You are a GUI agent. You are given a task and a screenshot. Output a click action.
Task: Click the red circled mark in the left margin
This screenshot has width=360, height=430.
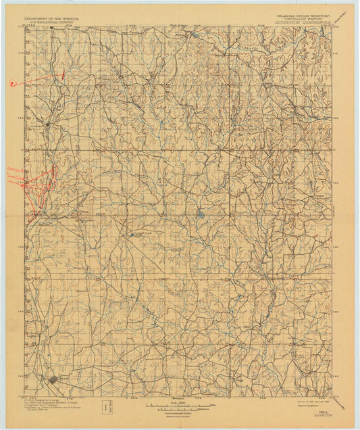click(11, 84)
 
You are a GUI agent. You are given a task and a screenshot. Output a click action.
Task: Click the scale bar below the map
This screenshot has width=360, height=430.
click(180, 406)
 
